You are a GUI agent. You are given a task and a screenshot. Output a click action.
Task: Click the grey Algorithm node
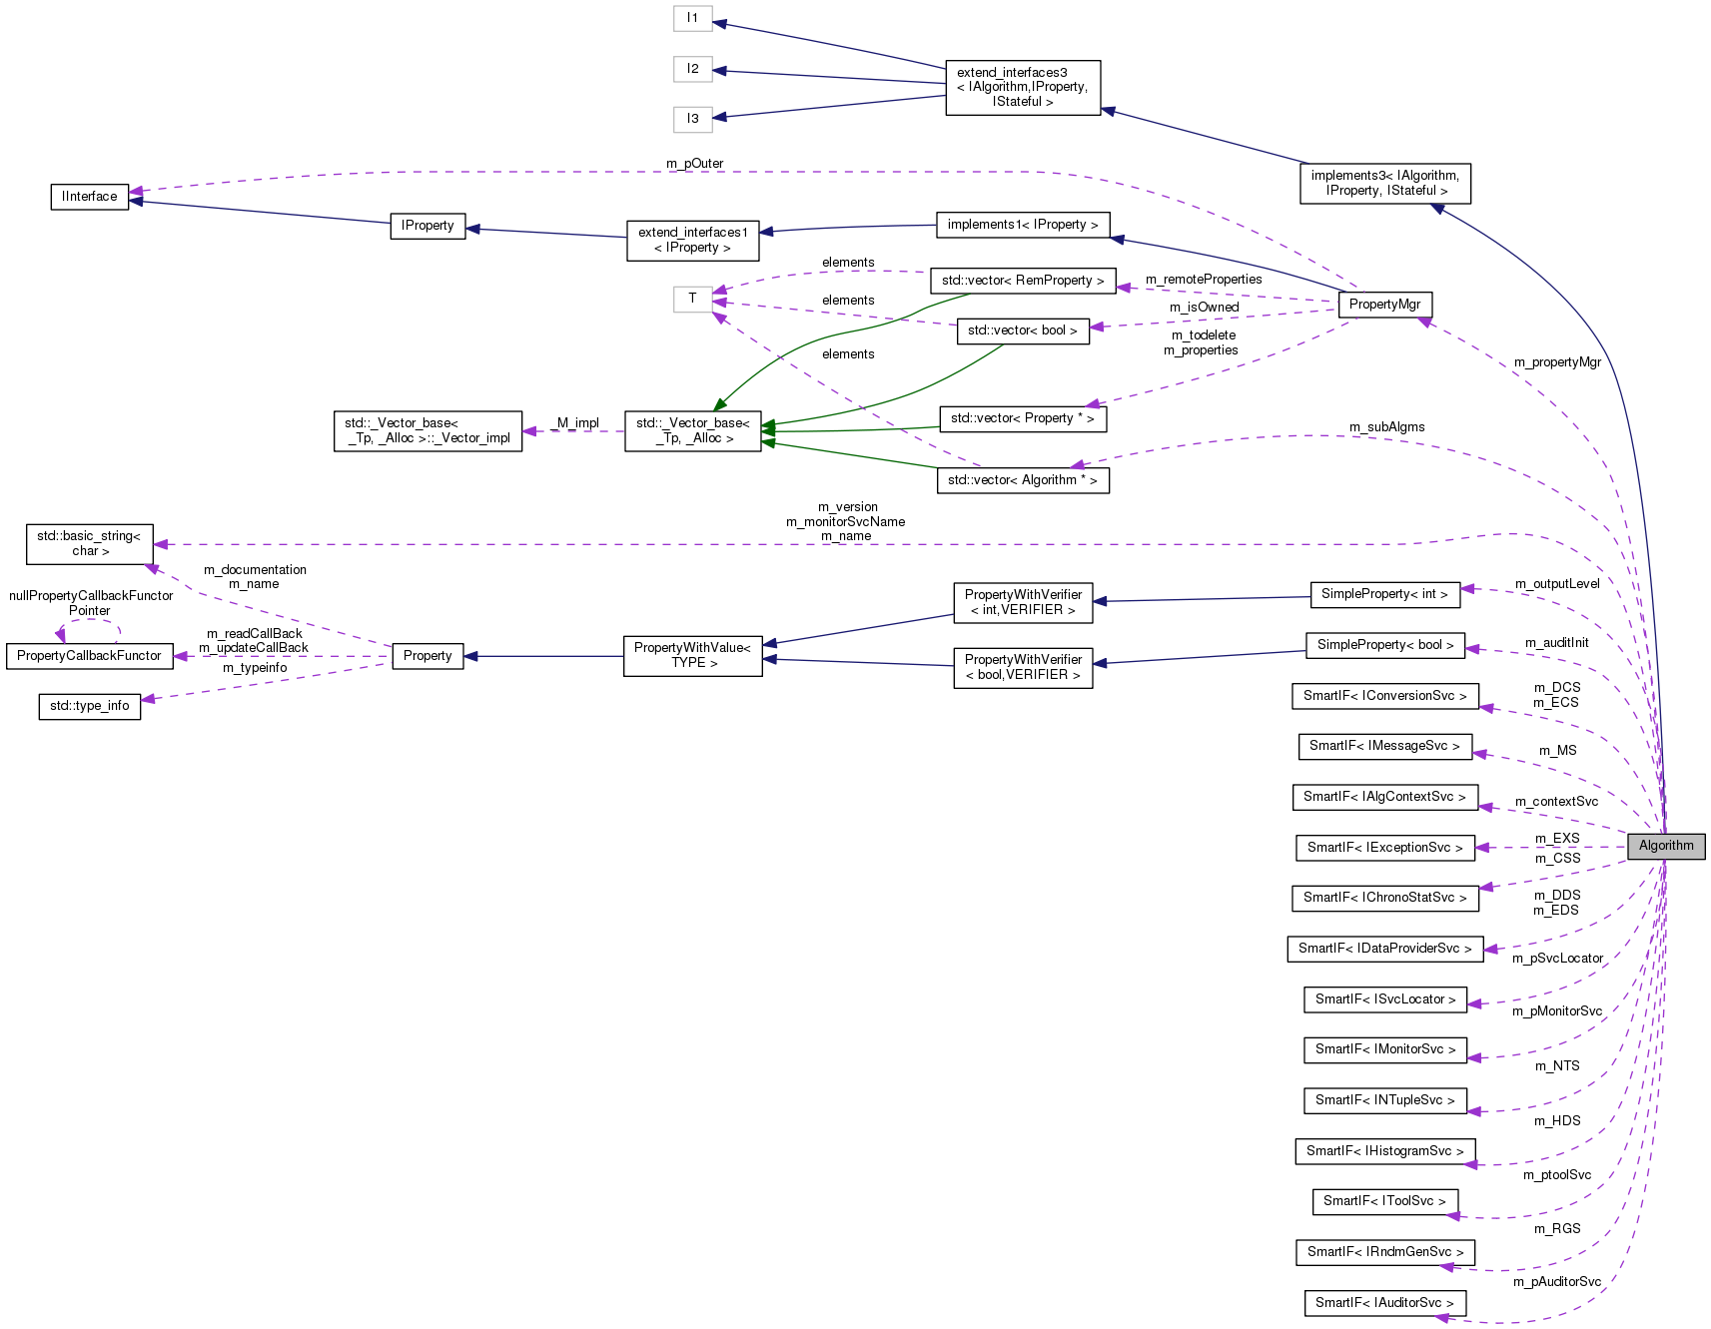click(x=1665, y=846)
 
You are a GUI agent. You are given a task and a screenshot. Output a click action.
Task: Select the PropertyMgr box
click(x=1384, y=305)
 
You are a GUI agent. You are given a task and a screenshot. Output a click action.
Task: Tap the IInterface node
click(x=90, y=197)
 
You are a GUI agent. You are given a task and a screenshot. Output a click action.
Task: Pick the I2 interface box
click(x=692, y=69)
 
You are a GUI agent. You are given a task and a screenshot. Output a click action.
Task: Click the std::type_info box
click(x=90, y=706)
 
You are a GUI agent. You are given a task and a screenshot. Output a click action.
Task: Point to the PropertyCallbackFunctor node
click(x=89, y=656)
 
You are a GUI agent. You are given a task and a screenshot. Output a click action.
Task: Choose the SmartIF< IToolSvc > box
click(x=1384, y=1201)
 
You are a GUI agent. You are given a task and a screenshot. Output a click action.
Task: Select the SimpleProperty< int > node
click(x=1383, y=594)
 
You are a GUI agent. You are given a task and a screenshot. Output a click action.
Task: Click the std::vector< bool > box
click(x=1022, y=331)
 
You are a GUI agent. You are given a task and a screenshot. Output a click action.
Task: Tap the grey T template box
click(x=692, y=299)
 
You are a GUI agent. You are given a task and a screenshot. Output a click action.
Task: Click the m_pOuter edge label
click(x=694, y=164)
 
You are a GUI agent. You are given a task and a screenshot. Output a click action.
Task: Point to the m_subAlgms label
click(x=1386, y=427)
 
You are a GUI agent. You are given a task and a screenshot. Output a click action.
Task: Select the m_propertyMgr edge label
click(x=1557, y=362)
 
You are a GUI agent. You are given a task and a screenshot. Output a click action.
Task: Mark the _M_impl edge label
click(x=574, y=423)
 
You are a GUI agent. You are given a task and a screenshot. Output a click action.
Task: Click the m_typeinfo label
click(x=255, y=668)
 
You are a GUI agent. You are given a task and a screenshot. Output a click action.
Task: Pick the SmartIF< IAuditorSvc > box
click(x=1384, y=1303)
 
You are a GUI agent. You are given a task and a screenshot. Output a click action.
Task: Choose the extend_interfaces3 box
click(x=1022, y=87)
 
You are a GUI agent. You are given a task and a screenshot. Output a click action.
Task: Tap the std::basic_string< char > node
click(x=90, y=543)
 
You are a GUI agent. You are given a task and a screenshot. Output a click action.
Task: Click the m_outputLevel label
click(x=1557, y=584)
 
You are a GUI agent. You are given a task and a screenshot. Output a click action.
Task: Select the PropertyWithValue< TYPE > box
click(x=692, y=656)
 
